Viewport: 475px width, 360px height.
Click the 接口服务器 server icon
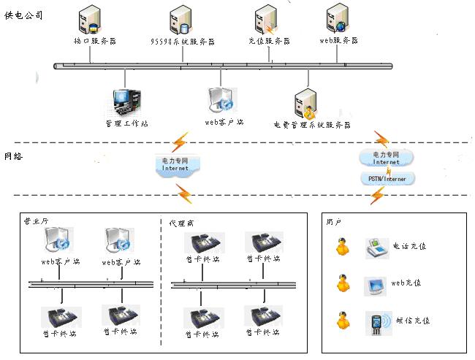pos(91,20)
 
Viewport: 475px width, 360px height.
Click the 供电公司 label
pos(23,14)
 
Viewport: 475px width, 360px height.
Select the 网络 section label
pos(13,156)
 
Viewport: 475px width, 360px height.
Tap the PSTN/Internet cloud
pos(387,177)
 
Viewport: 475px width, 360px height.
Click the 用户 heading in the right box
pos(335,221)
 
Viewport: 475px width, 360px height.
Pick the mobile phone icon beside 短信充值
pos(376,322)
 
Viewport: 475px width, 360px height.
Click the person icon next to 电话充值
pos(341,248)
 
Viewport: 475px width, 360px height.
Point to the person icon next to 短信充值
pos(341,321)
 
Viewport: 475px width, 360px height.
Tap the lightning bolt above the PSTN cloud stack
pos(381,138)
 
